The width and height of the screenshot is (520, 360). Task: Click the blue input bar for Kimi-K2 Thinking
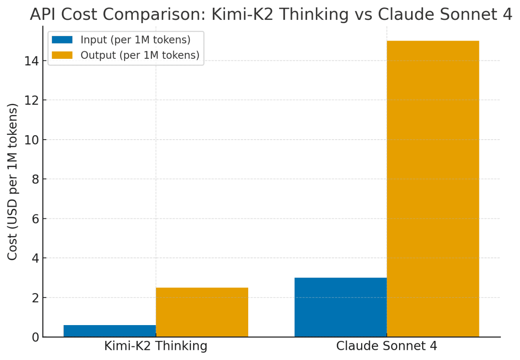point(110,331)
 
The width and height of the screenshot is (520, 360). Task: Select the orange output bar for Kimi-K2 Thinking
point(202,312)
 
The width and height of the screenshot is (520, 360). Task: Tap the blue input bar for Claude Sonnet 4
point(340,307)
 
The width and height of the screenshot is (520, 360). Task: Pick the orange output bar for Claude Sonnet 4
point(433,189)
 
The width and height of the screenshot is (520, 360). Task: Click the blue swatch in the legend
point(62,40)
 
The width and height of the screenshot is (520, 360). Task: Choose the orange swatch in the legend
point(62,55)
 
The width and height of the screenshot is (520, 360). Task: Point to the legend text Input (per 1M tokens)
point(136,40)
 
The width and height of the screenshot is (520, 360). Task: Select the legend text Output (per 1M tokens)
point(140,55)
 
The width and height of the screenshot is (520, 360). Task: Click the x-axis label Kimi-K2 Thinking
point(156,346)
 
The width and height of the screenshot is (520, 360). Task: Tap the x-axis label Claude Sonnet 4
point(387,346)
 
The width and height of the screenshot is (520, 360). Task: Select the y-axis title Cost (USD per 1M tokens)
point(13,181)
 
